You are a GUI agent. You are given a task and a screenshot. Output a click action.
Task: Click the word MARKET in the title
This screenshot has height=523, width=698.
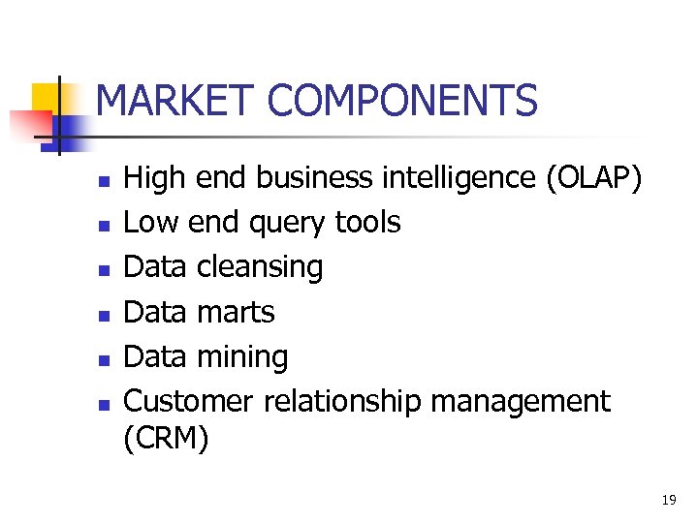174,101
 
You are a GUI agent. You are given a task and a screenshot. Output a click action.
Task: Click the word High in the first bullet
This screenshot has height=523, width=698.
154,178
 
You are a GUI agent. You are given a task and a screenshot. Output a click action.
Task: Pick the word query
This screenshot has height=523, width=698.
288,223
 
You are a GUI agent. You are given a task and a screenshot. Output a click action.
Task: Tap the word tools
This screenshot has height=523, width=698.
367,223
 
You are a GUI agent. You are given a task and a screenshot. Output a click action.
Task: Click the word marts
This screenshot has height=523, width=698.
236,312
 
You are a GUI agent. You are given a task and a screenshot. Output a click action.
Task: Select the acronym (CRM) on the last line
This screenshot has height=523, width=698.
167,439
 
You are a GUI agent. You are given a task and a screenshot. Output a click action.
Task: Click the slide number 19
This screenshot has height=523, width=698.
668,500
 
